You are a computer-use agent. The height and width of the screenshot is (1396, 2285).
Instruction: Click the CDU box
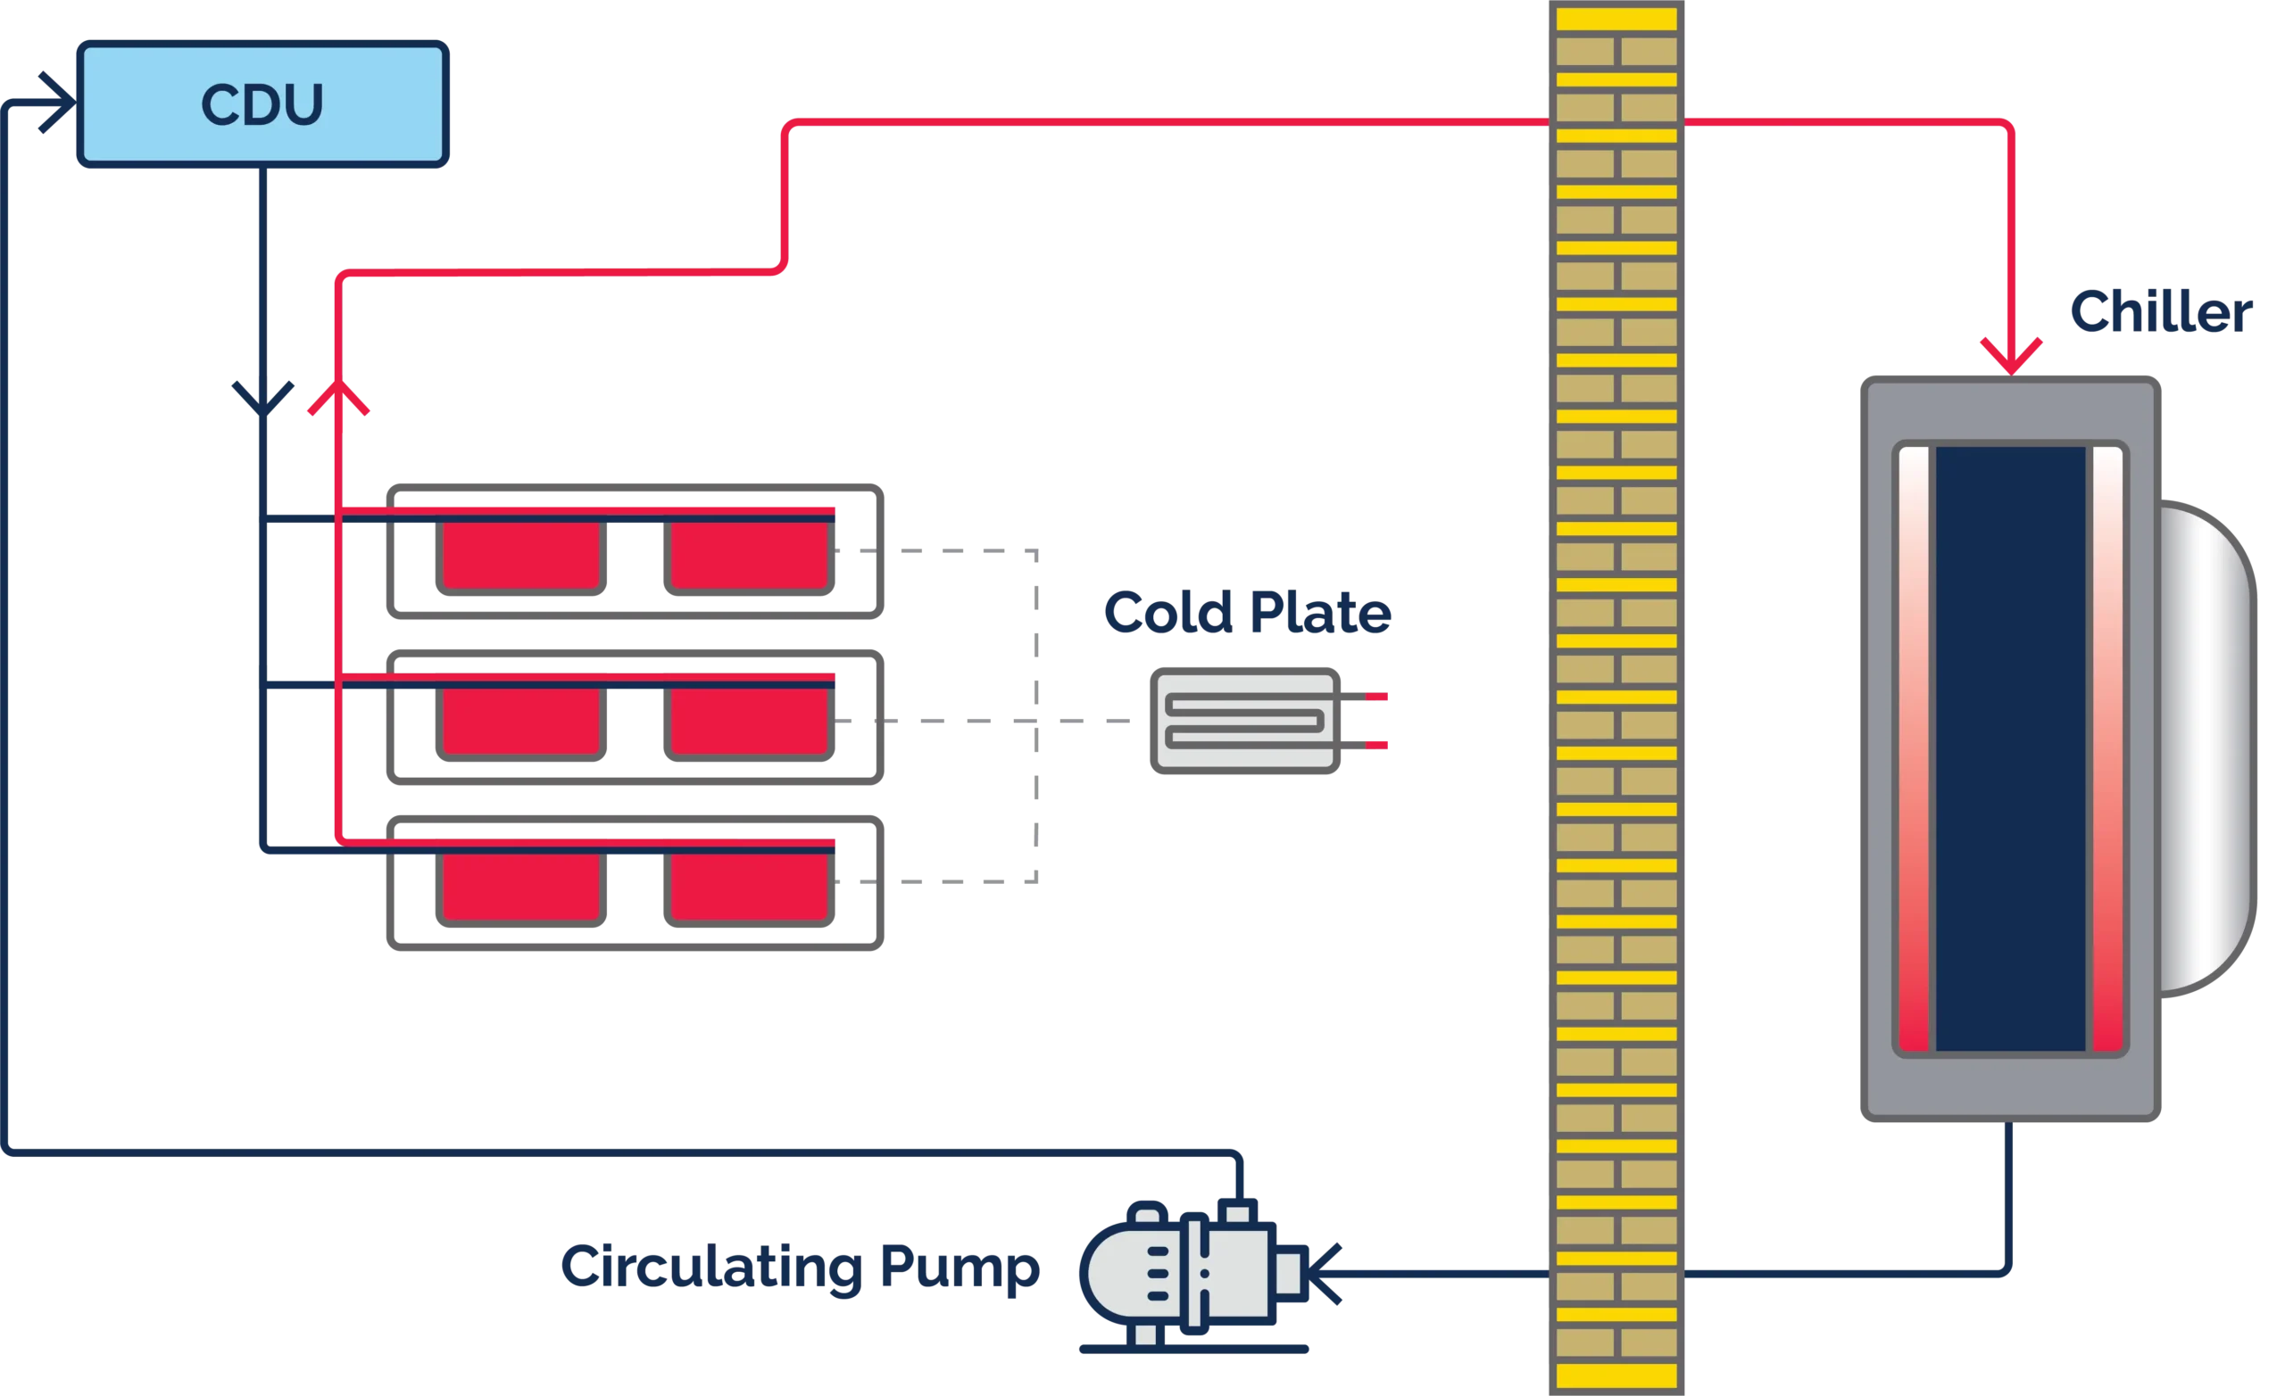pyautogui.click(x=262, y=103)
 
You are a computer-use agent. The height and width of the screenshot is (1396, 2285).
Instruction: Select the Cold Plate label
pyautogui.click(x=1247, y=613)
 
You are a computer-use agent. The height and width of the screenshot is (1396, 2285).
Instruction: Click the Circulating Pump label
pyautogui.click(x=801, y=1269)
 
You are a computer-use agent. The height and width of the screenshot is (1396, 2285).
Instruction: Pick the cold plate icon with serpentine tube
pyautogui.click(x=1245, y=720)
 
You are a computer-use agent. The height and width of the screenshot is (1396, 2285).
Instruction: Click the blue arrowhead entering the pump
pyautogui.click(x=1328, y=1276)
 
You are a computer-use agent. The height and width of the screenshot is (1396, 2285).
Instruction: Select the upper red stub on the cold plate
pyautogui.click(x=1377, y=696)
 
